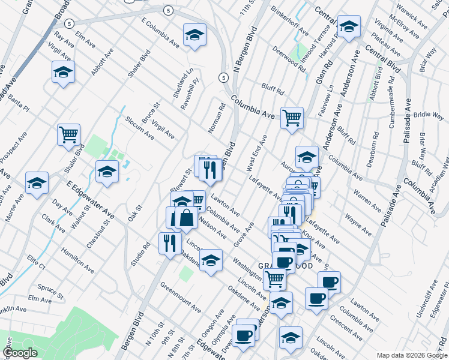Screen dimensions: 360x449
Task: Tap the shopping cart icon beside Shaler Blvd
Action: tap(68, 134)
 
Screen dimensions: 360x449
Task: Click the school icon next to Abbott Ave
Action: tap(62, 72)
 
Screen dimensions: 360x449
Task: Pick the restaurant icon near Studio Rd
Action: tap(170, 242)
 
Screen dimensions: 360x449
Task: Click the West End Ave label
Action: tap(257, 153)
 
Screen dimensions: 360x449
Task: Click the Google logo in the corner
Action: tap(20, 353)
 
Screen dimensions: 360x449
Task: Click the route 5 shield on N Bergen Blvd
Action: tap(223, 77)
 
